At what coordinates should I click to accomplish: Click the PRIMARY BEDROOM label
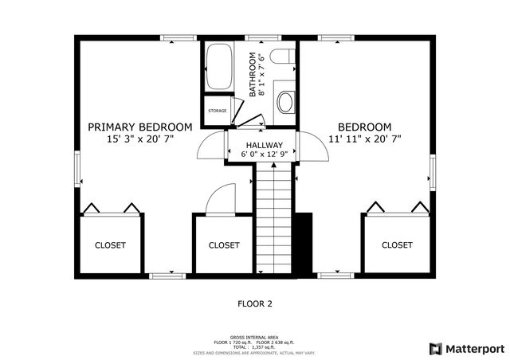(139, 127)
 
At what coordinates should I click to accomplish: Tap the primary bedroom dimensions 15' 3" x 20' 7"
(139, 139)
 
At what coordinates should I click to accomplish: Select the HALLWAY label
(262, 144)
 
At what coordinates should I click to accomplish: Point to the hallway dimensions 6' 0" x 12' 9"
(262, 154)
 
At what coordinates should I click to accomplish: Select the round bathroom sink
(284, 101)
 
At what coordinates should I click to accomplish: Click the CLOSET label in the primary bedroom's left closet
(110, 245)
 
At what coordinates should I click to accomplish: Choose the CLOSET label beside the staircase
(223, 245)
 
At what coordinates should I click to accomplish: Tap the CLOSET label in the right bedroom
(397, 245)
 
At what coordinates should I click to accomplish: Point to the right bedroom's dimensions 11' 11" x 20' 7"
(364, 139)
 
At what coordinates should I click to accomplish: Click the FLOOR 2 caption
(255, 303)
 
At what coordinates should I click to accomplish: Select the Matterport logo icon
(434, 348)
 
